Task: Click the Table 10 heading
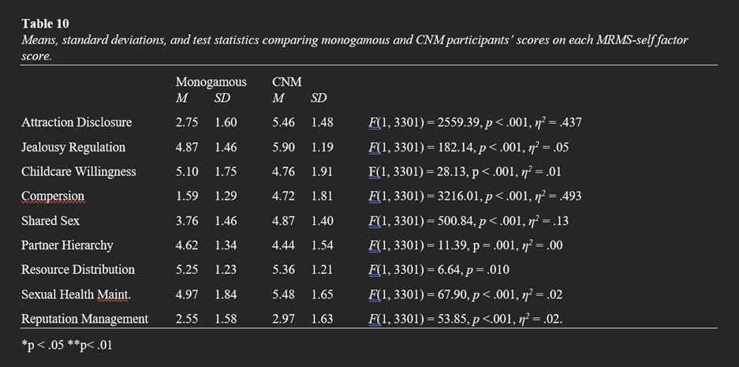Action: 44,24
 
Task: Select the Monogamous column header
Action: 211,82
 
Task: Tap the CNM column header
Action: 286,82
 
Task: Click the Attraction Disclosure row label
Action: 77,122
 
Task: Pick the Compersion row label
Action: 53,196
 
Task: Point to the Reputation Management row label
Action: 84,319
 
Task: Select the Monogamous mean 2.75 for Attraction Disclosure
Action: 187,122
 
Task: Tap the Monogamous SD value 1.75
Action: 226,171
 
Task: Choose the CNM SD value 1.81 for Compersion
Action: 322,196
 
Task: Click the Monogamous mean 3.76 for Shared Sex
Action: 187,221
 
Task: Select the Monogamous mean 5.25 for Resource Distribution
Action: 187,270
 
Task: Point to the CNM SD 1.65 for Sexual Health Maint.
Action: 322,294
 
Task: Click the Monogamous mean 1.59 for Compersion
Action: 187,196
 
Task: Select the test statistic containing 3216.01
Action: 475,196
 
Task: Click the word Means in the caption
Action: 38,40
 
